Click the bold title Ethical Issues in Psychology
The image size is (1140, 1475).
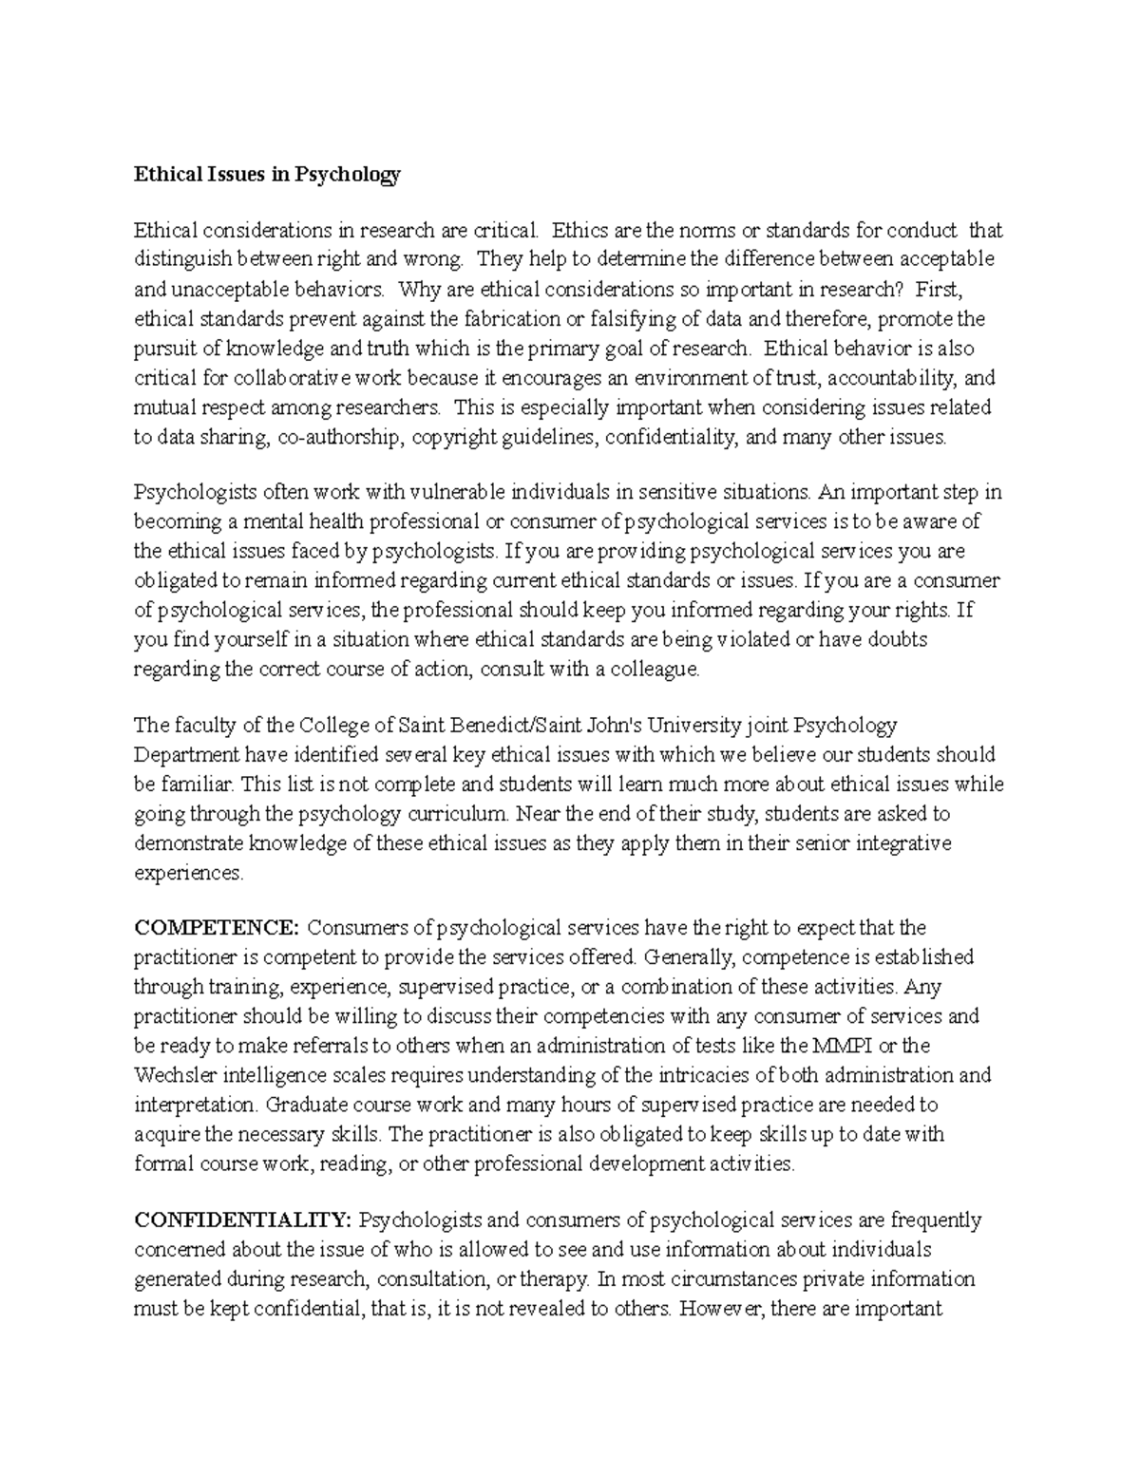click(267, 174)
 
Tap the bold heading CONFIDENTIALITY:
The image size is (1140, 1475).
click(243, 1220)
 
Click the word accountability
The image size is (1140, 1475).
click(893, 378)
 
